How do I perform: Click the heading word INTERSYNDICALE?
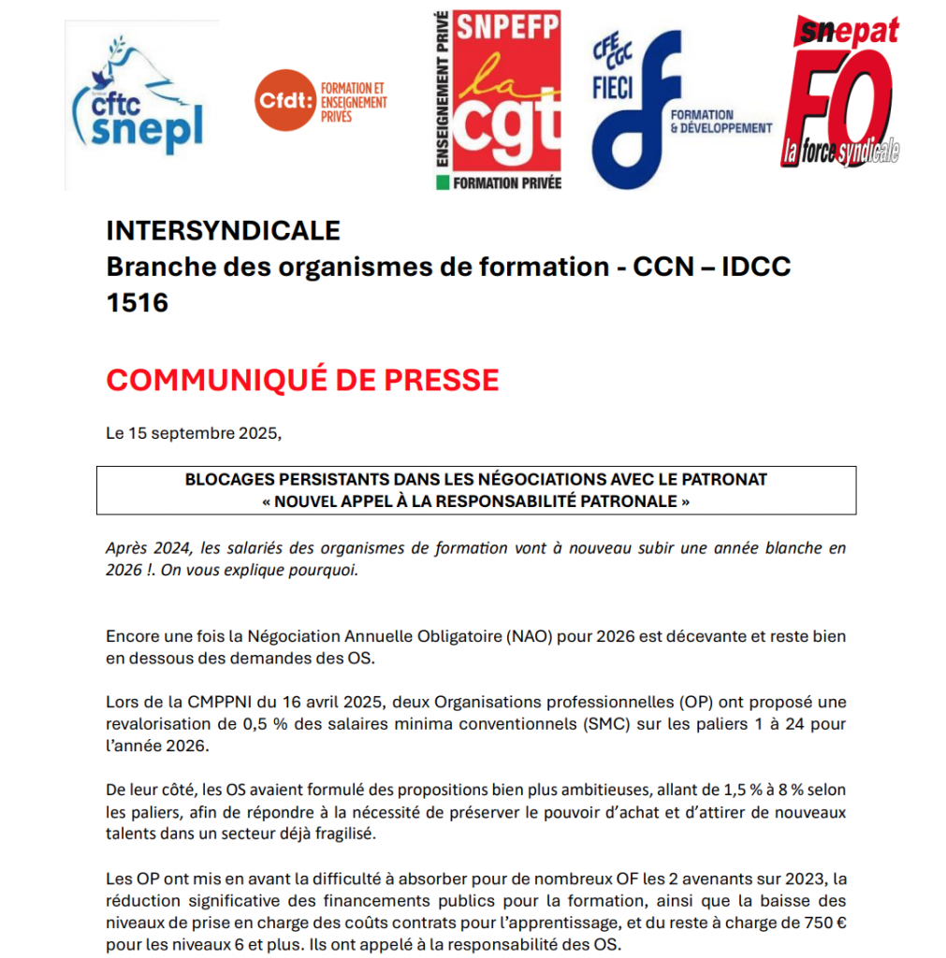[223, 230]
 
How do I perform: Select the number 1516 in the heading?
[137, 302]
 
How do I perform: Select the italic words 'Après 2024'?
[146, 548]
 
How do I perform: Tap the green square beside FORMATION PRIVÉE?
[443, 181]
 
